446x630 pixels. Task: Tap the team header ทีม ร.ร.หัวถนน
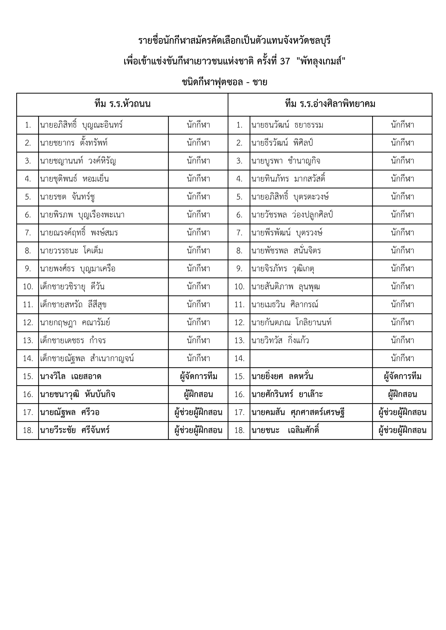click(x=122, y=104)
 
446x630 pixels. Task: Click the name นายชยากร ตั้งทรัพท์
click(x=74, y=143)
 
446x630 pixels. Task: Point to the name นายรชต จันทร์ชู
click(x=68, y=197)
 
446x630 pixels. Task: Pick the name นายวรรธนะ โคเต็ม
click(x=71, y=251)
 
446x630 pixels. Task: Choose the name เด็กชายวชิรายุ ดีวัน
click(x=72, y=287)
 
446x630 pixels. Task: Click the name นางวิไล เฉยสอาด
click(x=70, y=376)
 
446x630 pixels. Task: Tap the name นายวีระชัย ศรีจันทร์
click(x=75, y=430)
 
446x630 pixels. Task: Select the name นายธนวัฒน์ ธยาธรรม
click(x=287, y=125)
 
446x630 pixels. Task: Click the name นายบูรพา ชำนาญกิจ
click(x=286, y=161)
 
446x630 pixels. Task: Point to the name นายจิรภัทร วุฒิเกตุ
click(x=283, y=269)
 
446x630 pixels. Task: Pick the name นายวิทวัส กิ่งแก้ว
click(x=280, y=340)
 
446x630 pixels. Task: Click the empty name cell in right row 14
click(x=311, y=358)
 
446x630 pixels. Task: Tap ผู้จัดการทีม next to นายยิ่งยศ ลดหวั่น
click(x=402, y=376)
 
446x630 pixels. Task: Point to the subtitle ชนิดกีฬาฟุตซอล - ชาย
click(x=224, y=82)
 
